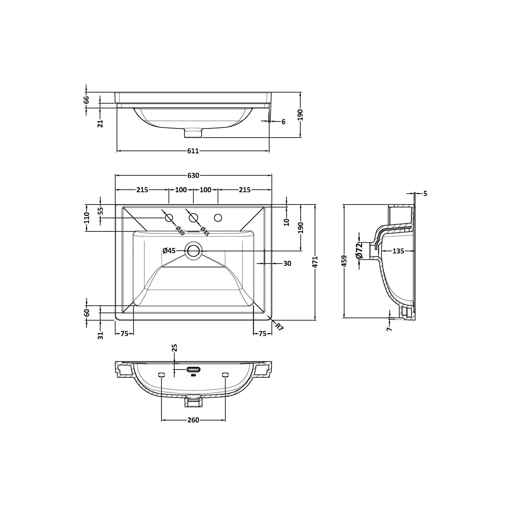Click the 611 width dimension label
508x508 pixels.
(193, 151)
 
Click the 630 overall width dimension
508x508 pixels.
(193, 175)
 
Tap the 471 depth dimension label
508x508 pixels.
(315, 262)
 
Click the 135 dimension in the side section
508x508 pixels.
(398, 251)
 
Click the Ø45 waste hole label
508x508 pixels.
(169, 251)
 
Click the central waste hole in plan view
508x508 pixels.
(193, 250)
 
